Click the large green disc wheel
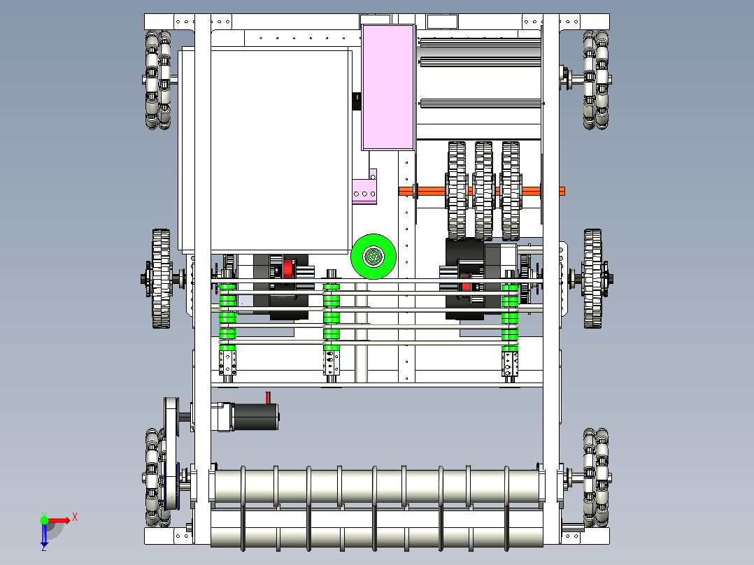click(374, 257)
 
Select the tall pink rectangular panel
click(388, 87)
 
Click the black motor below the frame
click(255, 417)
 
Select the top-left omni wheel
click(159, 80)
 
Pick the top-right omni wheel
click(596, 80)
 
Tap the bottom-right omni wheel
click(596, 477)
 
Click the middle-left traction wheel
click(161, 279)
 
